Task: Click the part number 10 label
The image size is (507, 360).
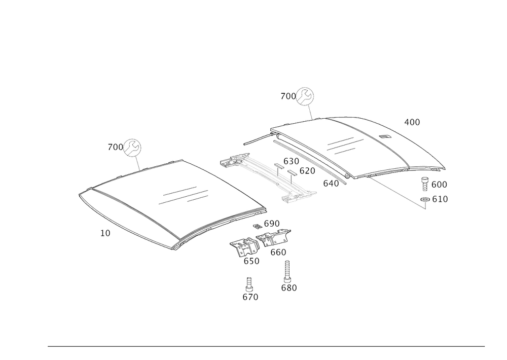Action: click(104, 233)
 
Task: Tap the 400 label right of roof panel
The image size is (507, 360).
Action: click(412, 122)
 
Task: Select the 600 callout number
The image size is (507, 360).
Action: click(440, 184)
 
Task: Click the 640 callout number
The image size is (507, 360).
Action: click(331, 183)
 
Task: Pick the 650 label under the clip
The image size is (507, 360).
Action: click(251, 261)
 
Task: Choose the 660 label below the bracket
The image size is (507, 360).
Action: click(278, 252)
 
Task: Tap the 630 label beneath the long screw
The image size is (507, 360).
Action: click(288, 287)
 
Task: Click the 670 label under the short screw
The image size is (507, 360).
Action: click(250, 297)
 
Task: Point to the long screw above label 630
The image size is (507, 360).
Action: click(288, 270)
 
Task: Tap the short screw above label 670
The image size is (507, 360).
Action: click(249, 283)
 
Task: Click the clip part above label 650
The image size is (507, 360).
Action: click(245, 247)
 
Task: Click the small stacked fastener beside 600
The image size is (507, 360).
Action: click(425, 183)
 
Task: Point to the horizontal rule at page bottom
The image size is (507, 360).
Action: click(266, 347)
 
